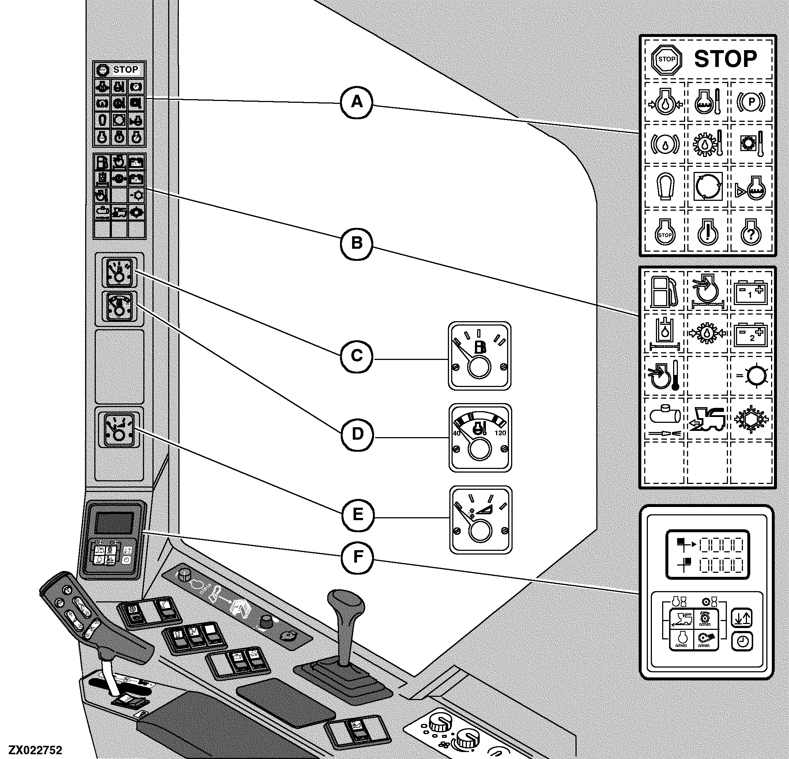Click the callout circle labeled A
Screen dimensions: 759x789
357,102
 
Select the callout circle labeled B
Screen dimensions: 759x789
357,243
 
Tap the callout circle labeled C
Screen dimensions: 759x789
357,356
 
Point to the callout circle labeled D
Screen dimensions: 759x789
358,434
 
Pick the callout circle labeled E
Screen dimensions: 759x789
358,515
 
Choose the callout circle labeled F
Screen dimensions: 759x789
358,557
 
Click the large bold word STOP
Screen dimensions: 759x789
725,59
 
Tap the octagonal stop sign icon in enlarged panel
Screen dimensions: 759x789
667,60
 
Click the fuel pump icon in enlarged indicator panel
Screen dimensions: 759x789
665,292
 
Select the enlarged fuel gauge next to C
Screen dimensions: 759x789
479,356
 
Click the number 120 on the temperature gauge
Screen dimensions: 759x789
501,433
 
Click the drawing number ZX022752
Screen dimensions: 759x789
36,751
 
